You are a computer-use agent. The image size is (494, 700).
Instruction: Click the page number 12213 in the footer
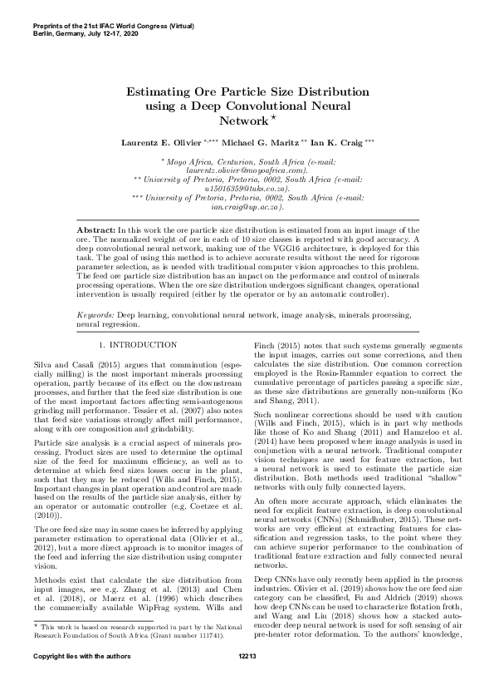[x=247, y=679]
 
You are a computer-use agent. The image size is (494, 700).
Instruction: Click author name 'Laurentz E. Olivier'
[x=159, y=143]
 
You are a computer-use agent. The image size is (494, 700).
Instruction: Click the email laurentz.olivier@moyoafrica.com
[x=247, y=170]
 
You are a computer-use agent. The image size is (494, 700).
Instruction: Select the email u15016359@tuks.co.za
[x=247, y=190]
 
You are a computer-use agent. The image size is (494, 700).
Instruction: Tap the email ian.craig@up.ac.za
[x=247, y=209]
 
